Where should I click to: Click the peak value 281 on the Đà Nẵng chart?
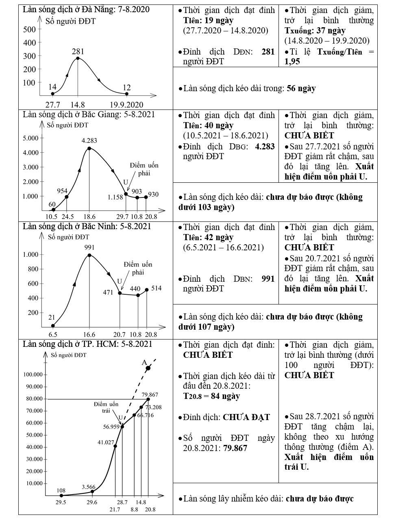pos(78,51)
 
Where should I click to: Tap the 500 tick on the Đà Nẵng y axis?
pos(29,29)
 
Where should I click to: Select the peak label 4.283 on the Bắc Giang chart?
pos(89,140)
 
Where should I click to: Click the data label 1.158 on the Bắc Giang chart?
pos(115,197)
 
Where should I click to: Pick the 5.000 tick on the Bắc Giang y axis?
pos(30,138)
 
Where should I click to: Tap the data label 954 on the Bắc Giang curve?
pos(62,191)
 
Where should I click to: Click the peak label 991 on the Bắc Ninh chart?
pos(89,247)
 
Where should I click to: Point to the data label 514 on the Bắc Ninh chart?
pos(156,288)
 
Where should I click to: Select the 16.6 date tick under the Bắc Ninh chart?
pos(89,334)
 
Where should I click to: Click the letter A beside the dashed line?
pos(144,362)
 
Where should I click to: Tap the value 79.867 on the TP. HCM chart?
pos(150,394)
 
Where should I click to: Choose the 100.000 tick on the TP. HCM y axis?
pos(33,374)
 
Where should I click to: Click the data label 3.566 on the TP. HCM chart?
pos(88,487)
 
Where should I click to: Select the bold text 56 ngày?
pos(301,88)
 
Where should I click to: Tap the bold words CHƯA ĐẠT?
pos(246,417)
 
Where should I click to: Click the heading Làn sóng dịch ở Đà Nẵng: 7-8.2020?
pos(86,9)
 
